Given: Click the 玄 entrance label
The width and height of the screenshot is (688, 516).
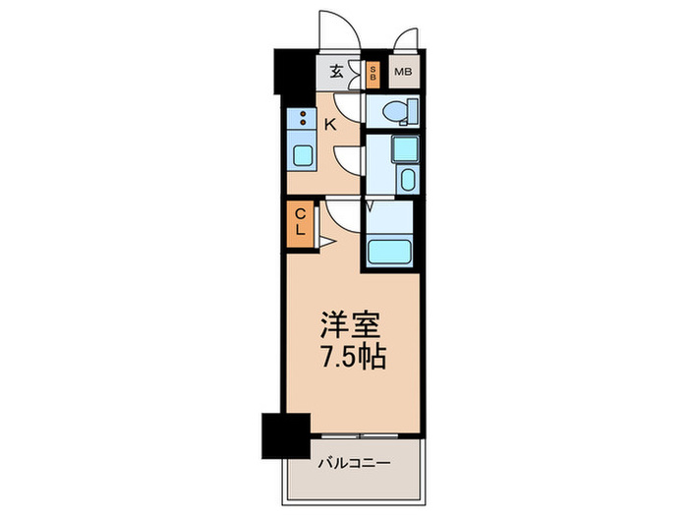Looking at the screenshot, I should pos(336,72).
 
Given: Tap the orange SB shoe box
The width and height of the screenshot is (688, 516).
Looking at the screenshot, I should pos(373,72).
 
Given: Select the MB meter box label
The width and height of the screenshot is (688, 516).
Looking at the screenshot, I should pos(403,72).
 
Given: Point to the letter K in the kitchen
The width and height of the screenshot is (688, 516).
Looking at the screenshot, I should pos(331,123).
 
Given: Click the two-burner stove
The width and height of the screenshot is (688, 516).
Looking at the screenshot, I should pos(300,120).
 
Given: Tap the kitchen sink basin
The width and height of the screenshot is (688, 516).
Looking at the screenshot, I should pos(301,155).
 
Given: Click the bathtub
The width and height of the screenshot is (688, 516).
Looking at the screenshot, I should pos(391,250).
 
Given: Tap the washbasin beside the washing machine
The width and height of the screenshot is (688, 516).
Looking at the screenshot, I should pos(406,180).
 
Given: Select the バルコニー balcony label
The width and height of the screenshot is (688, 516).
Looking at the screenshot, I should pos(354,463).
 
